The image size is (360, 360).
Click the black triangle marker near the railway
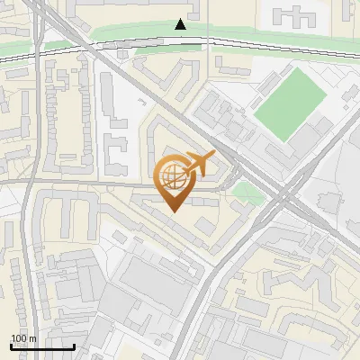click(x=181, y=24)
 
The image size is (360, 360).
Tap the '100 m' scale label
click(x=23, y=338)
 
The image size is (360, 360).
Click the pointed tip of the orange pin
click(x=172, y=210)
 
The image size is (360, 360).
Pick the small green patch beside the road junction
click(x=244, y=191)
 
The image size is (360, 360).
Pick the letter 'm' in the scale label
click(x=32, y=338)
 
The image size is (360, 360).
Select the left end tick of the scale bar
click(x=12, y=345)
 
